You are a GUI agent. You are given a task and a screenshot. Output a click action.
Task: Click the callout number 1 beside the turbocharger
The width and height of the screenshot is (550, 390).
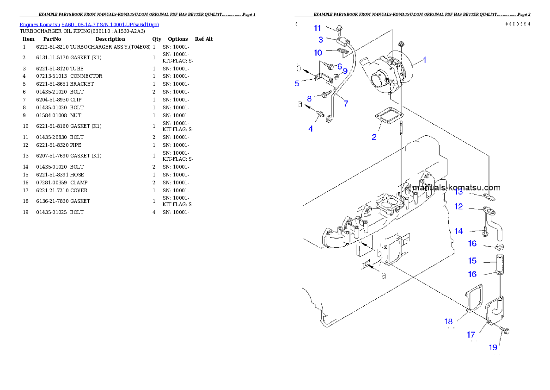(425, 60)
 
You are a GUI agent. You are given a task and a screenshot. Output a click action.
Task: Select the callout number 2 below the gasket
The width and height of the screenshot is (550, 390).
(374, 137)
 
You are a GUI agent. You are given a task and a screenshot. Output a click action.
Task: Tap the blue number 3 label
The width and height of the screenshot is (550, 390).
(320, 40)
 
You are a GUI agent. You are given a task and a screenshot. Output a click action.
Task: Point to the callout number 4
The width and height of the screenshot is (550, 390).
(311, 129)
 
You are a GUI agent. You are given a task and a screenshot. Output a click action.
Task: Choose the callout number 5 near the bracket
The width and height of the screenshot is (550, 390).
(297, 84)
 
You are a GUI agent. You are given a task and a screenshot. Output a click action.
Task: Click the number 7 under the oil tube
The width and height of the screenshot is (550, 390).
(345, 103)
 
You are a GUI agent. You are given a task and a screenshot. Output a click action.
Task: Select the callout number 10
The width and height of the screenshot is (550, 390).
(318, 53)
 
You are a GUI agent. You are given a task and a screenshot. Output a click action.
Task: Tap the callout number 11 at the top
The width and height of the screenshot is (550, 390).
(318, 28)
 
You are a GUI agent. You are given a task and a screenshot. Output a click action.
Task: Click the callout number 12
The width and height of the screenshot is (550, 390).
(458, 207)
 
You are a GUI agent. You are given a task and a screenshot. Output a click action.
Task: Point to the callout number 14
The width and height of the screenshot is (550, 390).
(458, 231)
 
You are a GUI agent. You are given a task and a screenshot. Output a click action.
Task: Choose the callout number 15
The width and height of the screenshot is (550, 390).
(472, 261)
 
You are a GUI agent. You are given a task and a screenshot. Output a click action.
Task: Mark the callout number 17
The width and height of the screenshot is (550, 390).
(471, 334)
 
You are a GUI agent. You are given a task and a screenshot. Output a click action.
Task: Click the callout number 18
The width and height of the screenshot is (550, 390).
(448, 321)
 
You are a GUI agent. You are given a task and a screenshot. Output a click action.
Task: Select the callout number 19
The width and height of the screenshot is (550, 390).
(494, 347)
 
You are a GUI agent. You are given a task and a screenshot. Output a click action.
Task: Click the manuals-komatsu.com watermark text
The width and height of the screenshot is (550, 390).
(456, 188)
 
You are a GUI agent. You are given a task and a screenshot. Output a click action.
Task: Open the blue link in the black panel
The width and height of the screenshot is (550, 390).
(89, 25)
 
